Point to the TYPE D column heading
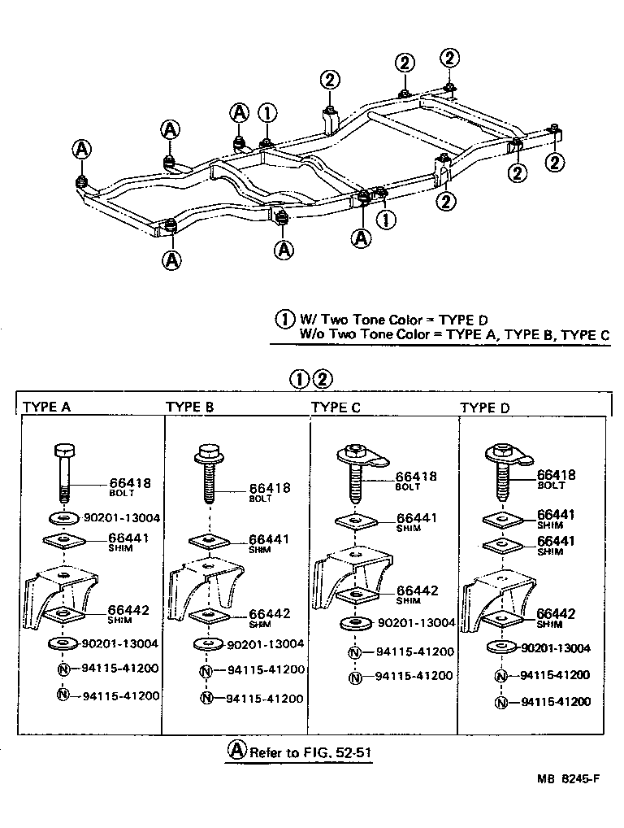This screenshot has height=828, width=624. (x=486, y=407)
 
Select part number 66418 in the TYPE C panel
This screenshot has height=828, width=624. (x=416, y=477)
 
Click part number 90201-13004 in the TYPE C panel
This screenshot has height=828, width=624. (x=416, y=623)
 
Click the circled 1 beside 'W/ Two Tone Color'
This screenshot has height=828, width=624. (x=284, y=320)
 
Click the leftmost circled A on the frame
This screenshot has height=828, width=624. (x=81, y=149)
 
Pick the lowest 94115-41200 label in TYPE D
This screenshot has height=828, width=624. (x=555, y=701)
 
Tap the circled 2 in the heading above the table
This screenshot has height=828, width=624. (x=323, y=378)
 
